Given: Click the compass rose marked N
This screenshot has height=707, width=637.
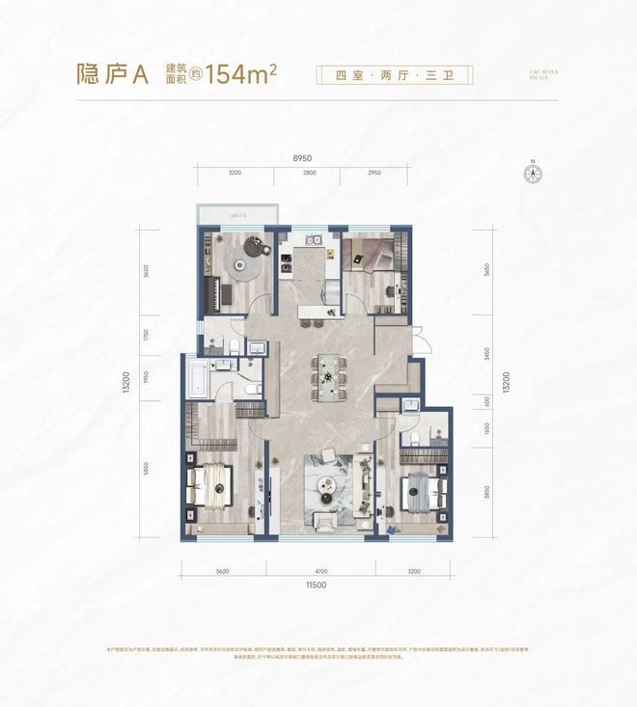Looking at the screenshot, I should (533, 175).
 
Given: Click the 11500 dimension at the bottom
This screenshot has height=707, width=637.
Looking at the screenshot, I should (306, 585).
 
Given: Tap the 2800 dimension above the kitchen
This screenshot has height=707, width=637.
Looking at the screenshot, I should (308, 173).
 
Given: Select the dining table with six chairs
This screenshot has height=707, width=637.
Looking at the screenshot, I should (326, 369).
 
